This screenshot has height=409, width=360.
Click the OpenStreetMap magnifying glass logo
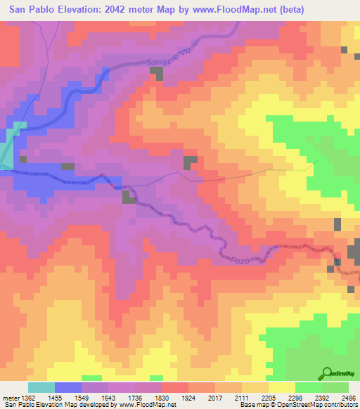[x=327, y=374]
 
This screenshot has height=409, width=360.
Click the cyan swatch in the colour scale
[x=41, y=387]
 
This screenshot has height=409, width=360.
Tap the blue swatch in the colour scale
[x=67, y=387]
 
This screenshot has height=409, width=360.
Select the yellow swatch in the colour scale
[x=281, y=387]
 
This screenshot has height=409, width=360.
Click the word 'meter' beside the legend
[x=9, y=398]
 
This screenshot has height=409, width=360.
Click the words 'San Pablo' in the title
[x=26, y=9]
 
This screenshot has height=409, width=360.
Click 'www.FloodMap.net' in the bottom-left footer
[x=146, y=405]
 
